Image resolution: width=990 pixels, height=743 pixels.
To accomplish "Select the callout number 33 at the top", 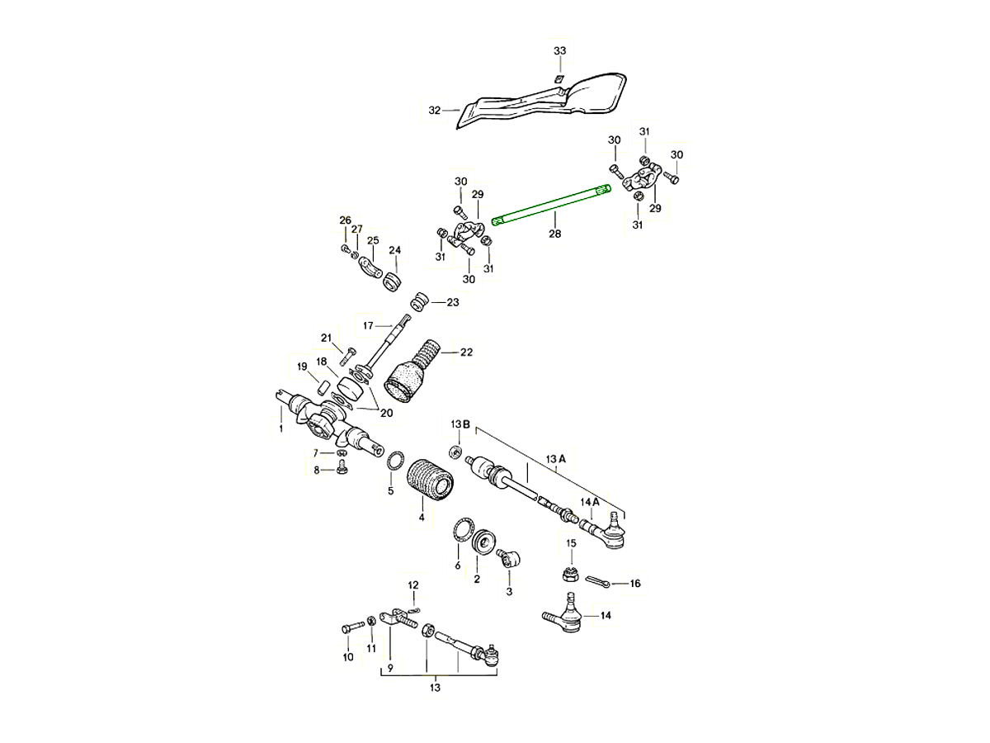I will tap(560, 51).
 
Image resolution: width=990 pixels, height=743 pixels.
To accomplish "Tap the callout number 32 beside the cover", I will tap(435, 110).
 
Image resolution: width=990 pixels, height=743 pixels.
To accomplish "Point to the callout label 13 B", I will tap(460, 424).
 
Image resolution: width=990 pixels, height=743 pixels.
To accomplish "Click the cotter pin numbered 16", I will tap(602, 582).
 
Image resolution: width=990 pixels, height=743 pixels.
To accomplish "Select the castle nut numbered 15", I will tap(569, 570).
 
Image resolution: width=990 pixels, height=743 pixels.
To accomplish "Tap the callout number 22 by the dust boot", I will tap(466, 353).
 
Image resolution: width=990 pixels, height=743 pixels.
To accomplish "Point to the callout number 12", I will tap(413, 585).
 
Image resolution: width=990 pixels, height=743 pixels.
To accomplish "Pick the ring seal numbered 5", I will tap(395, 461).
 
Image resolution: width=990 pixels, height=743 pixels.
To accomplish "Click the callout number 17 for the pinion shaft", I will tap(368, 324).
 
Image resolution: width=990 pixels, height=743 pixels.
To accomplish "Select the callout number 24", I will tap(394, 250).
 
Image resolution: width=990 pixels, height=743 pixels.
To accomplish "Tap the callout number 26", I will tap(345, 220).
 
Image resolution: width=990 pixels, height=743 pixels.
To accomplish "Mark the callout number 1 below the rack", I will tap(280, 428).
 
